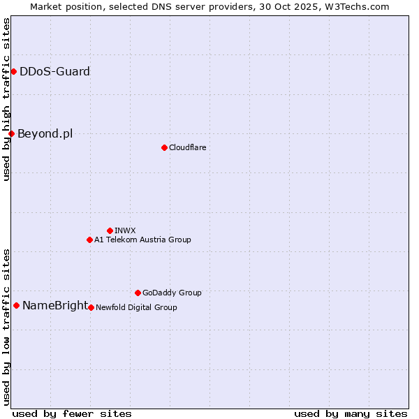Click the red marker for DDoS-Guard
pos(13,71)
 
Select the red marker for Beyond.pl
pos(11,133)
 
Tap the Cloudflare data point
pos(164,147)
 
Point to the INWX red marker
pos(110,230)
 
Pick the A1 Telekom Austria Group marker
pos(89,240)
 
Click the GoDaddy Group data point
pos(138,293)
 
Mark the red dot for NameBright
pos(16,305)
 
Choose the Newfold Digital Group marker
pos(91,307)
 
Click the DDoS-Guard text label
pos(54,71)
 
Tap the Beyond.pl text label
pos(45,133)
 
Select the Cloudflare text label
pos(187,147)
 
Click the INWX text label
pos(125,230)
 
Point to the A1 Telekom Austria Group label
pos(142,240)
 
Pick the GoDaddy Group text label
pos(172,293)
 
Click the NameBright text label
pos(55,305)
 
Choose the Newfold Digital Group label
pos(136,307)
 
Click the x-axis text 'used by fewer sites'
pos(72,413)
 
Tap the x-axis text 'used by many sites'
pos(351,413)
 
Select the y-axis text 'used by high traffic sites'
pos(6,100)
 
